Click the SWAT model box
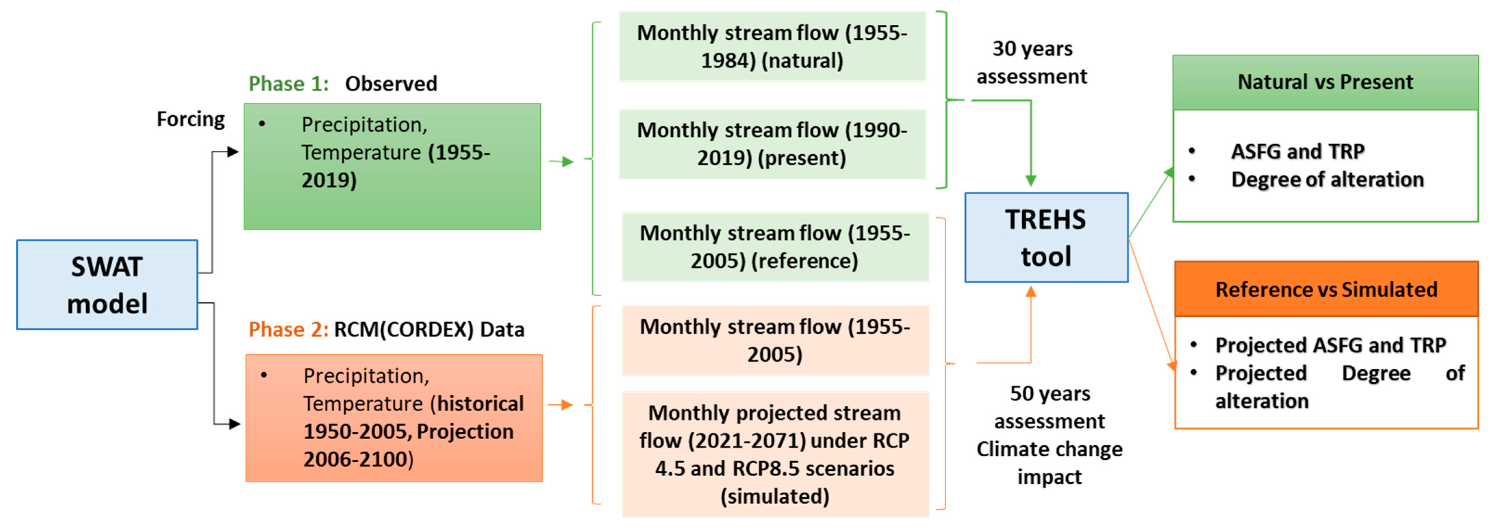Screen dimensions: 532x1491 [107, 285]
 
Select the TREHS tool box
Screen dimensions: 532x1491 [1046, 237]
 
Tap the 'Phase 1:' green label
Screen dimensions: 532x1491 [288, 84]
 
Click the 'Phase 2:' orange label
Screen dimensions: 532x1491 [288, 329]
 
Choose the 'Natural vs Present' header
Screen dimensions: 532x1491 [1325, 82]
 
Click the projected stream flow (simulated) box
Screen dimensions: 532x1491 [774, 454]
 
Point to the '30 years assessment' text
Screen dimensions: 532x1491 [1032, 63]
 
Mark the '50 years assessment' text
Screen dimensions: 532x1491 [1049, 407]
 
